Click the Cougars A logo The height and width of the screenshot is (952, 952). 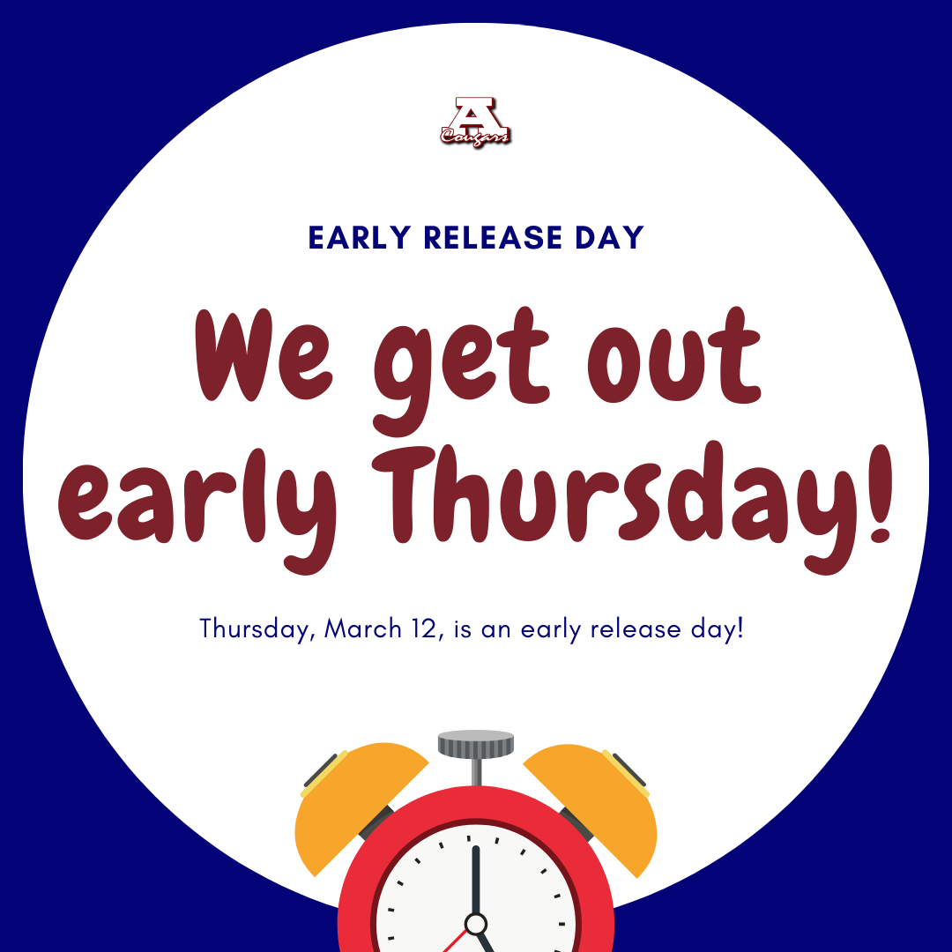[476, 121]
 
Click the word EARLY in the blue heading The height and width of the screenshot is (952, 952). [361, 238]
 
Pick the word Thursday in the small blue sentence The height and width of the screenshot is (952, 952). [256, 629]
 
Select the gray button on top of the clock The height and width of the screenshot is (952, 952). [476, 743]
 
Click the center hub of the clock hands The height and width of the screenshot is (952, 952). [476, 924]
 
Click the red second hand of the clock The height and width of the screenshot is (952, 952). [455, 941]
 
